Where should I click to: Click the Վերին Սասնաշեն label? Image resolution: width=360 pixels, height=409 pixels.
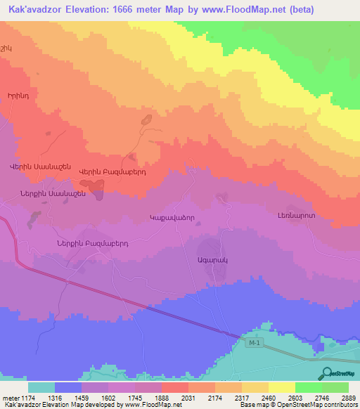pyautogui.click(x=39, y=167)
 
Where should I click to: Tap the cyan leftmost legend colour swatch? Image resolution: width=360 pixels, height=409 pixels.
pyautogui.click(x=41, y=387)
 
